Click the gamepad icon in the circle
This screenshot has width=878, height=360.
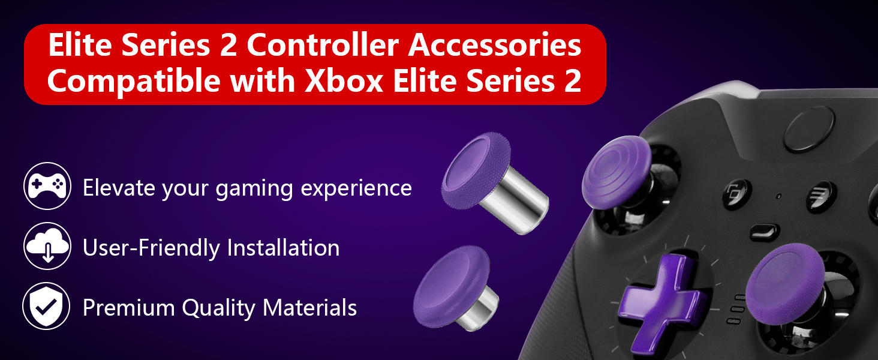coord(47,185)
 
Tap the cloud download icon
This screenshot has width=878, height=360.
coord(47,246)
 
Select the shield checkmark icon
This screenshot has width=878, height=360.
coord(47,306)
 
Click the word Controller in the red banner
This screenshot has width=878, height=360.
coord(323,46)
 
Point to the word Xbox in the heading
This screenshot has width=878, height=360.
coord(344,81)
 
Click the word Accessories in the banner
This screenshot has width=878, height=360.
coord(495,46)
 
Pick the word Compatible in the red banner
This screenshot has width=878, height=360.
coord(134,81)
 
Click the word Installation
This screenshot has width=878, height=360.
coord(283,248)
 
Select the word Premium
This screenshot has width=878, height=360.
coord(128,307)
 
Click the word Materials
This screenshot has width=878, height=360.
coord(309,307)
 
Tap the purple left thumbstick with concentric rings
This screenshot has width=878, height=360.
coord(616,172)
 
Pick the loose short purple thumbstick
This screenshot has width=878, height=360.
coord(455,288)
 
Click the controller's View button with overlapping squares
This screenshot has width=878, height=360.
coord(736,194)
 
